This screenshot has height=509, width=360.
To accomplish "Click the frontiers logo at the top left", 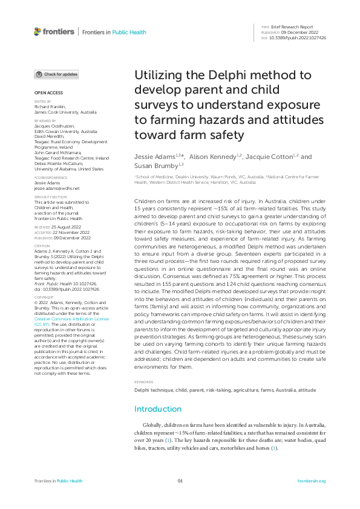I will pos(54,31).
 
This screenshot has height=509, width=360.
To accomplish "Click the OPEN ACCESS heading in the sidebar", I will pos(48,92).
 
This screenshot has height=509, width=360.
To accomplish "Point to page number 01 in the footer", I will pos(180,481).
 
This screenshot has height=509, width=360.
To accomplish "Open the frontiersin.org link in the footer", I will pos(312,481).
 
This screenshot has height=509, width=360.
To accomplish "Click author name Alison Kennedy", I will pos(217,157).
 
